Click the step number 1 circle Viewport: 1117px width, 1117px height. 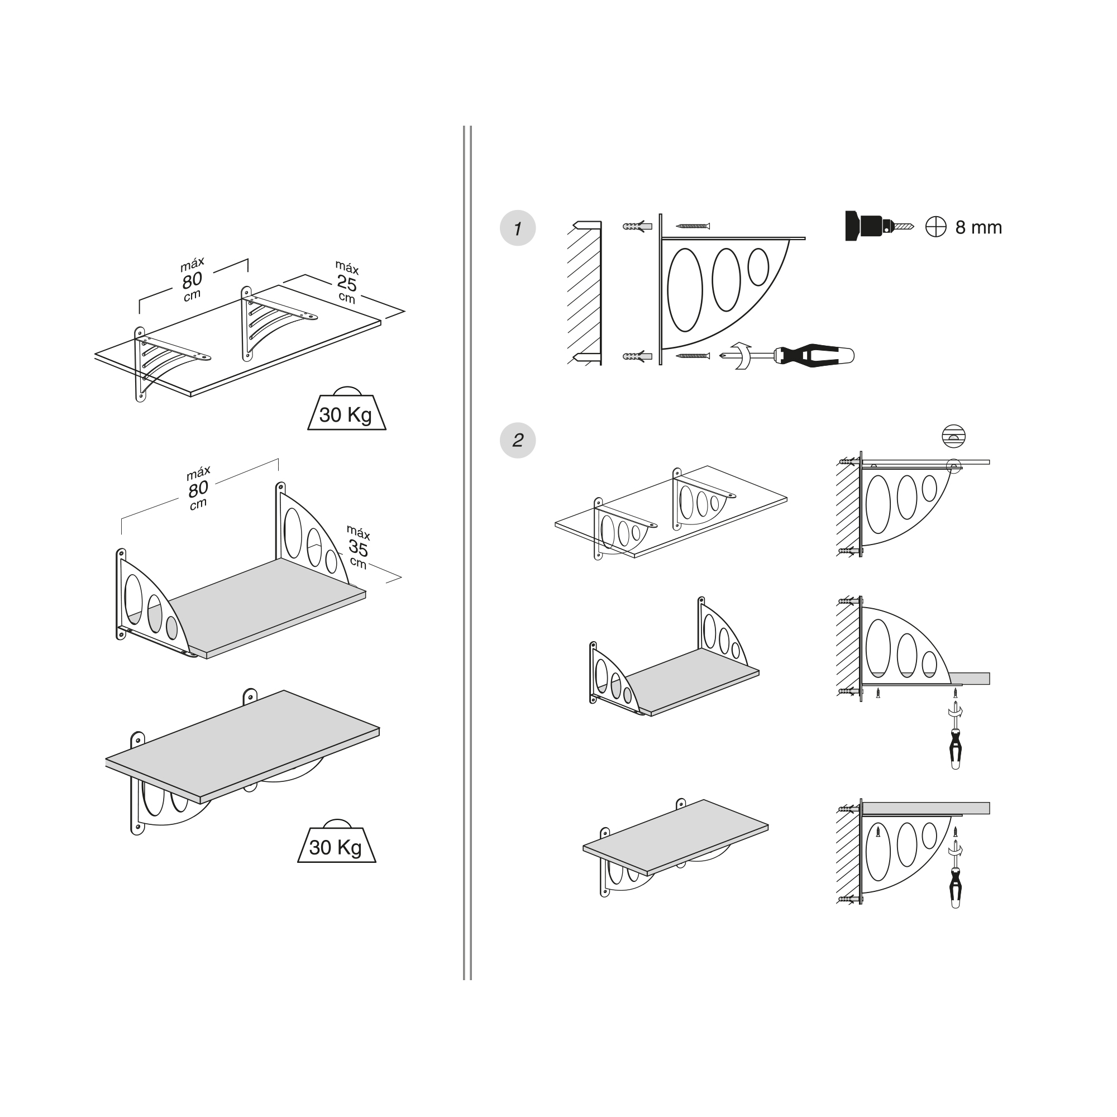click(x=518, y=228)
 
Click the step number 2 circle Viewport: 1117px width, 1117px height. click(x=518, y=440)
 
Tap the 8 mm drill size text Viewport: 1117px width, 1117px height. click(x=979, y=227)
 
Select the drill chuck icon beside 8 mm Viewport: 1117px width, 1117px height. click(x=879, y=226)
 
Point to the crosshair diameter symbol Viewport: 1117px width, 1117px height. click(x=935, y=227)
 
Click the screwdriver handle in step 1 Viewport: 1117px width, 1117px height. click(x=815, y=355)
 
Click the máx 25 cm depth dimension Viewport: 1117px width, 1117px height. click(x=347, y=282)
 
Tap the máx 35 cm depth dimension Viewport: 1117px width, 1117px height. click(x=358, y=547)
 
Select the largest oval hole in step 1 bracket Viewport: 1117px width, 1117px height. click(x=685, y=290)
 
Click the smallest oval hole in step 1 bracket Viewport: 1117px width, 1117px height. click(x=758, y=266)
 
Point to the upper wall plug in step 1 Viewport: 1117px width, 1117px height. click(x=638, y=226)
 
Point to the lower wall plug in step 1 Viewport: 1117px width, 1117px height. click(x=638, y=356)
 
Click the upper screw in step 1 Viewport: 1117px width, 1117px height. click(x=693, y=226)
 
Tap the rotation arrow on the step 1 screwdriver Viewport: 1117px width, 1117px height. click(x=742, y=355)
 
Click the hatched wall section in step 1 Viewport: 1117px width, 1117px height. click(x=585, y=293)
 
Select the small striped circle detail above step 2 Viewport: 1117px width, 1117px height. click(x=953, y=436)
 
